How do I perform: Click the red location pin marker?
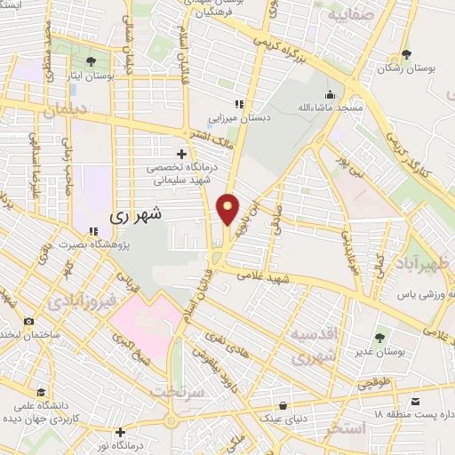pyautogui.click(x=229, y=208)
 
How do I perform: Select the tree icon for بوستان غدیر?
pyautogui.click(x=380, y=337)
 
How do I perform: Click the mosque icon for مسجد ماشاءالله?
pyautogui.click(x=330, y=95)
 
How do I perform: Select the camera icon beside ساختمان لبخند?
pyautogui.click(x=29, y=321)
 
